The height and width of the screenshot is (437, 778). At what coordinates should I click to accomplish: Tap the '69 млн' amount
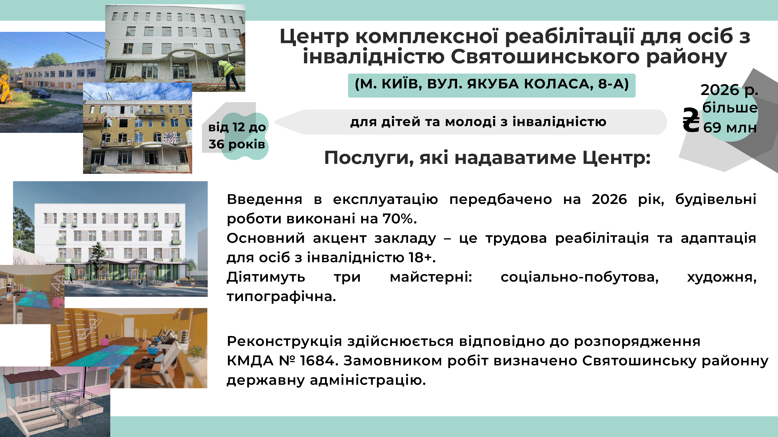tap(730, 127)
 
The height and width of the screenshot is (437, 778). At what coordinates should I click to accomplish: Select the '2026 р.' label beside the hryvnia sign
tap(729, 90)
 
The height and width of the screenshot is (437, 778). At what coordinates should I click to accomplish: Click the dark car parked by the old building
tap(40, 93)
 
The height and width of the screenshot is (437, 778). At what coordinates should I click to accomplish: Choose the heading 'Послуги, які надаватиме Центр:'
tap(487, 158)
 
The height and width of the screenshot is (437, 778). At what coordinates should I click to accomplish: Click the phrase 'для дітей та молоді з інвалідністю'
tap(478, 122)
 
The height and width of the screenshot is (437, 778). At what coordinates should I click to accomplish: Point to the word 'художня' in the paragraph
tap(722, 277)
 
